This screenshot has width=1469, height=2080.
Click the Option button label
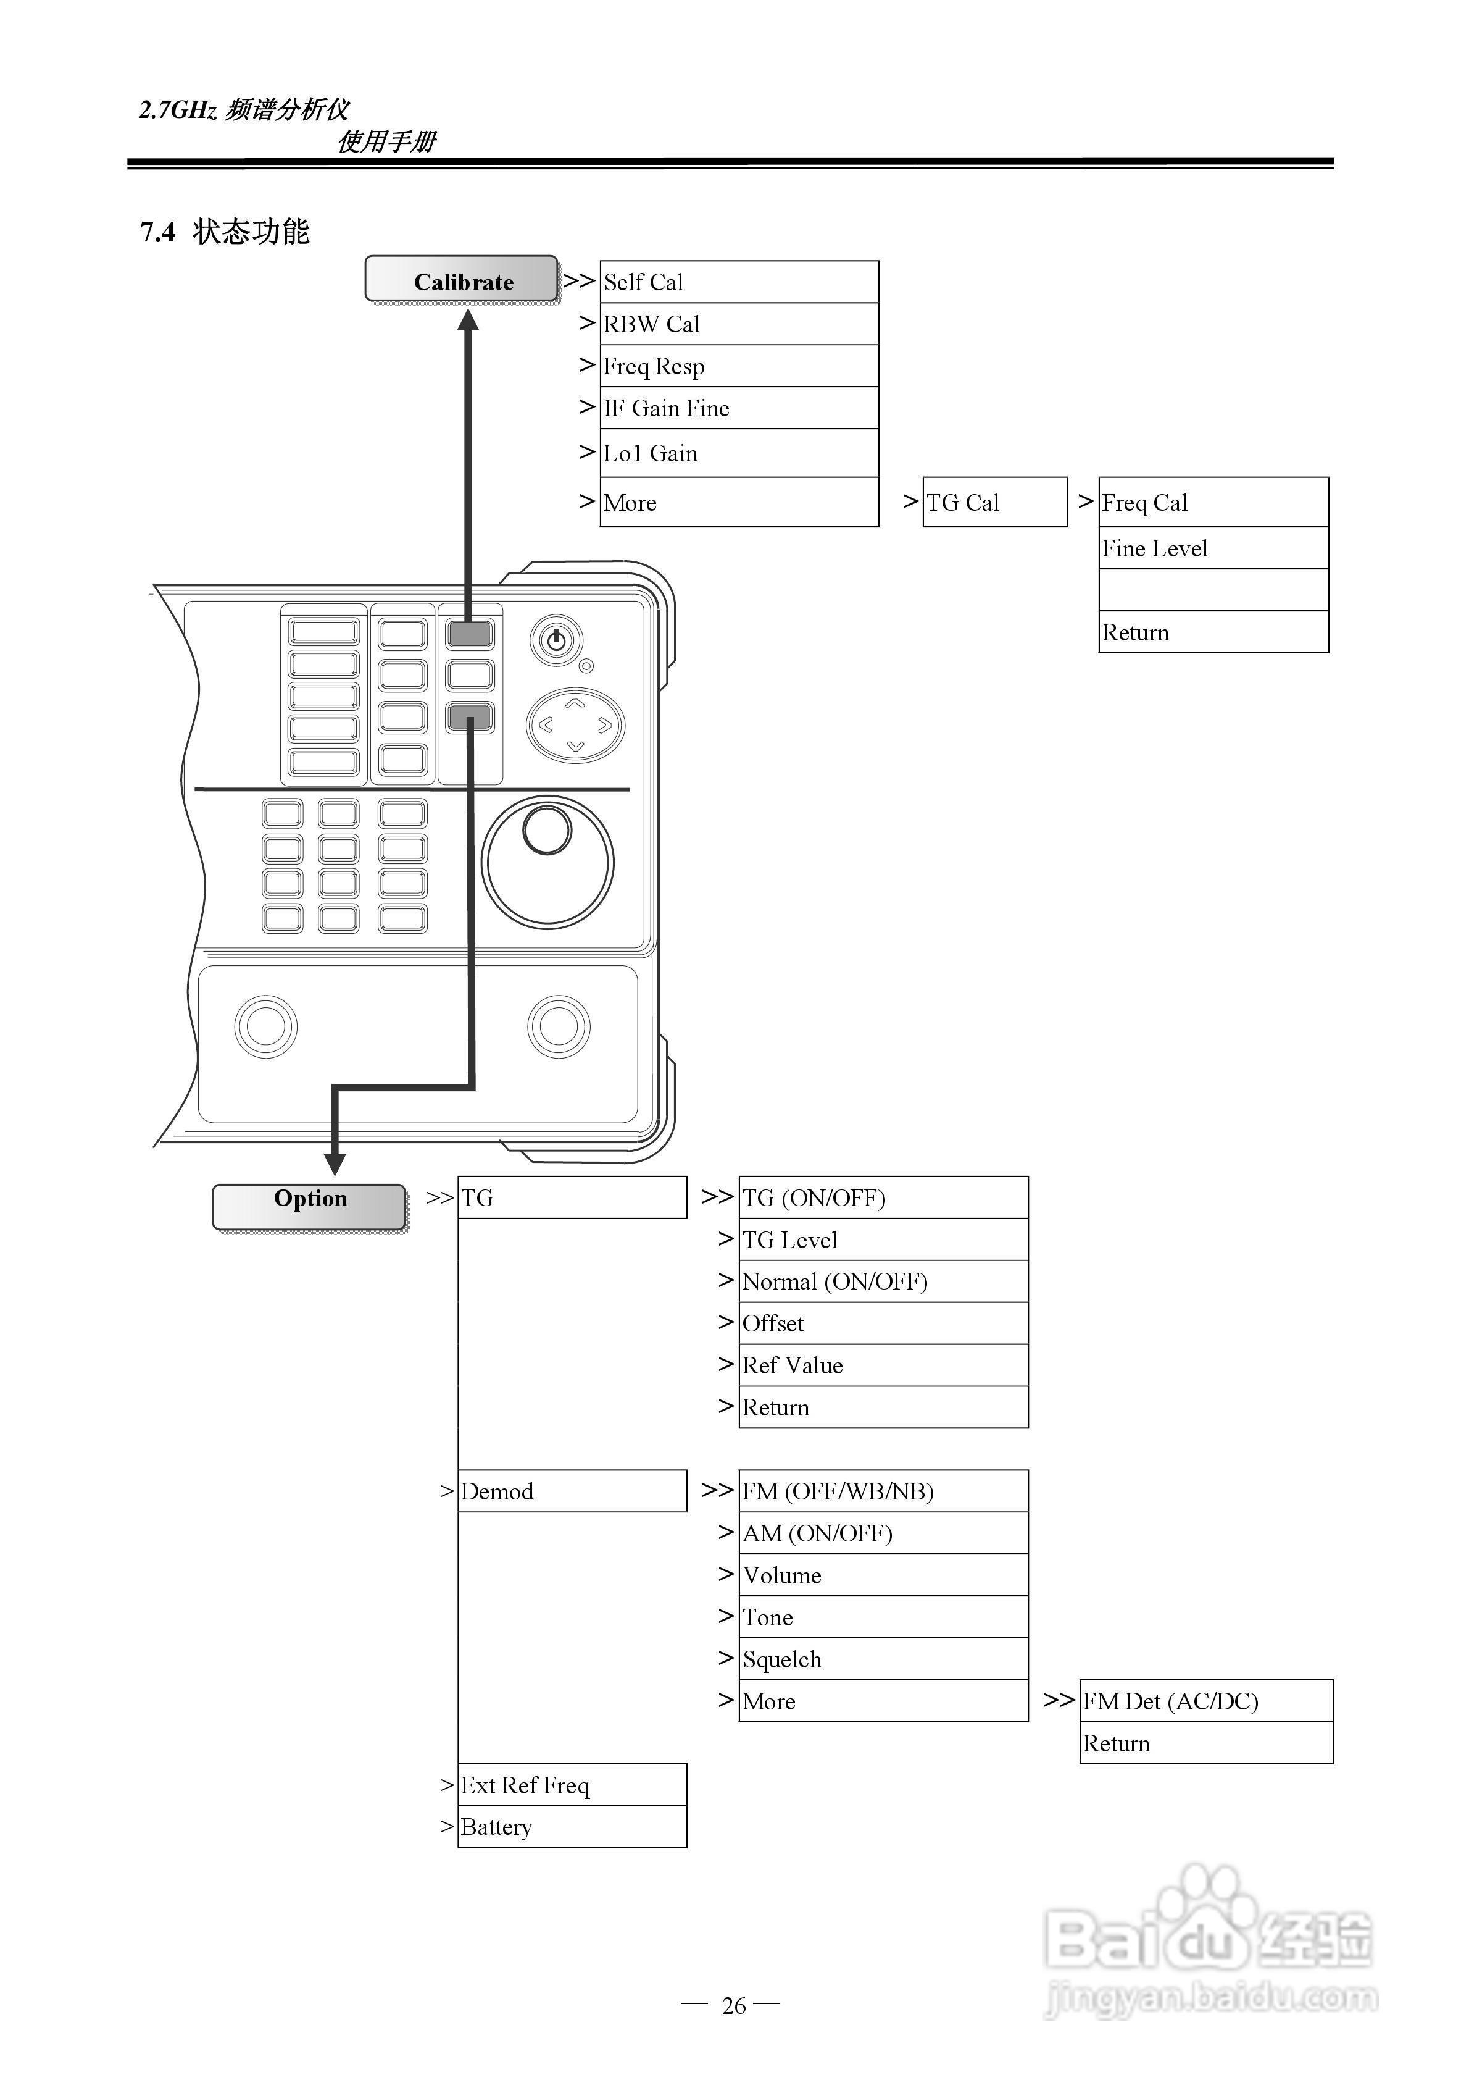coord(310,1199)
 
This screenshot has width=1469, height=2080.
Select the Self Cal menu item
coord(738,282)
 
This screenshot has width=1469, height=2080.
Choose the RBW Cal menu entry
coord(738,324)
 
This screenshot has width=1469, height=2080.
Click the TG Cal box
coord(994,502)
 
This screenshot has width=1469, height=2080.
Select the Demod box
coord(572,1491)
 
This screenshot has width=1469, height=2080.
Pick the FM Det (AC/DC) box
coord(1205,1701)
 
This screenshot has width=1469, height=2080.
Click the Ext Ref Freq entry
coord(572,1785)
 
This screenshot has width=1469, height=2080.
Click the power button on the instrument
coord(555,640)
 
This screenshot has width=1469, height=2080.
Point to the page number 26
coord(734,2006)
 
